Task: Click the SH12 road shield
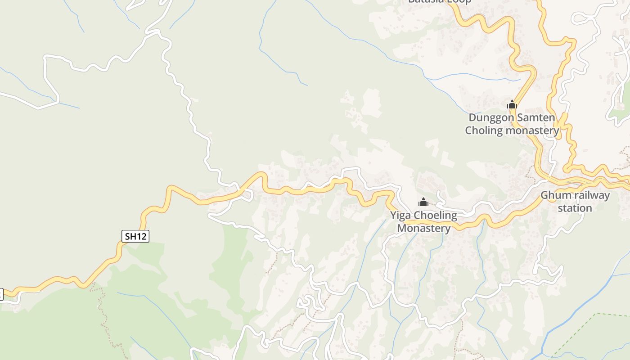tap(135, 236)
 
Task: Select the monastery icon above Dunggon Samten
tap(512, 105)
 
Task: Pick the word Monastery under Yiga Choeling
tap(423, 228)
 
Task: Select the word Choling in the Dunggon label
tap(484, 130)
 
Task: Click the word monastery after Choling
tap(533, 131)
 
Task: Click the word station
tap(575, 208)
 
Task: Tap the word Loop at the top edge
tap(459, 1)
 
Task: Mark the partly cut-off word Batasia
tap(426, 1)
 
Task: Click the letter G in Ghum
tap(544, 195)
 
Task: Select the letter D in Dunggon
tap(472, 117)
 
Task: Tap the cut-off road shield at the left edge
tap(1, 294)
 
